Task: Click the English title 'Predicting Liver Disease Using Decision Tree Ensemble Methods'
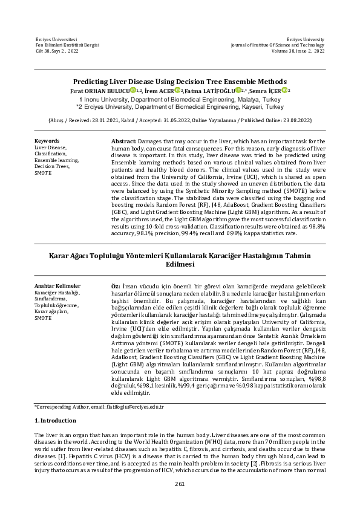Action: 180,82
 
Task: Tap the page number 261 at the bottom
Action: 180,484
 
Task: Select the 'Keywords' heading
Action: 47,141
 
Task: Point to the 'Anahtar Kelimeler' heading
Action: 57,285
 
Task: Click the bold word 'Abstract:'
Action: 123,141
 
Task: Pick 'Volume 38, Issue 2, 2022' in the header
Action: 297,52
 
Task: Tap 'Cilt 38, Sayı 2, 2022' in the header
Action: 57,52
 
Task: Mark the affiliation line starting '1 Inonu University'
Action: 180,99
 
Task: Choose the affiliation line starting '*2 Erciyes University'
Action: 180,106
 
